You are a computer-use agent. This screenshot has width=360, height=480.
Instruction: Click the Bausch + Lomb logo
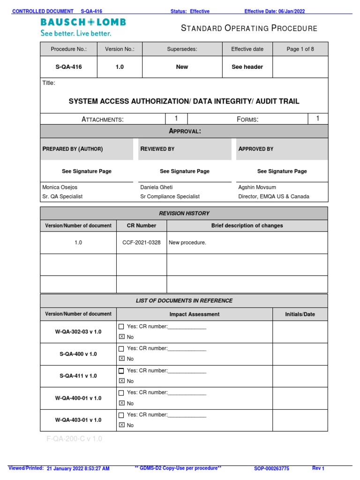[83, 22]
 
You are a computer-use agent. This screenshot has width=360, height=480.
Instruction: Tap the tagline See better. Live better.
[76, 33]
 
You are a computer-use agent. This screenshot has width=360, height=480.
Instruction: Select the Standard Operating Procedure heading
[249, 29]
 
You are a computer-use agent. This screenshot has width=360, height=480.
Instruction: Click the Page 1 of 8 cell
[300, 49]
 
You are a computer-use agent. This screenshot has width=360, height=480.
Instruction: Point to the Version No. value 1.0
[120, 67]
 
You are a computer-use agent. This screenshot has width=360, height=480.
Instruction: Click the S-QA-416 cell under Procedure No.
[68, 67]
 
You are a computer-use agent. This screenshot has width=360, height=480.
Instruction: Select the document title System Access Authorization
[184, 101]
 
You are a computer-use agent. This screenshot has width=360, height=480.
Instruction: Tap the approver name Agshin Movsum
[258, 187]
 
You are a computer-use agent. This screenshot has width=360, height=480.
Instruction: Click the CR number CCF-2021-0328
[141, 243]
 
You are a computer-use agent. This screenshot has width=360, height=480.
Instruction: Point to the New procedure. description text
[187, 243]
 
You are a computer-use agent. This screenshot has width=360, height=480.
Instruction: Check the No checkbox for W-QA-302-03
[121, 337]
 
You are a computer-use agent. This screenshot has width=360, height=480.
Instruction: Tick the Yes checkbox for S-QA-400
[121, 349]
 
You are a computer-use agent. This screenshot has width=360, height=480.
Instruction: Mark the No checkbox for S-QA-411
[121, 381]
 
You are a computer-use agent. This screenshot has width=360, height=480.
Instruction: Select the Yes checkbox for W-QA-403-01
[121, 415]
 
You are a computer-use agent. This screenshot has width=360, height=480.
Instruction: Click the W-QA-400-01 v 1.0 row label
[78, 398]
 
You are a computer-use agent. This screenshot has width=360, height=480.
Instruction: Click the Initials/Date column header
[300, 314]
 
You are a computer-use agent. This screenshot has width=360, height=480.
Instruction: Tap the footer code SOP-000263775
[271, 468]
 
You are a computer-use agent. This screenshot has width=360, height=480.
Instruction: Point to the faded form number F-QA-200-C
[74, 439]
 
